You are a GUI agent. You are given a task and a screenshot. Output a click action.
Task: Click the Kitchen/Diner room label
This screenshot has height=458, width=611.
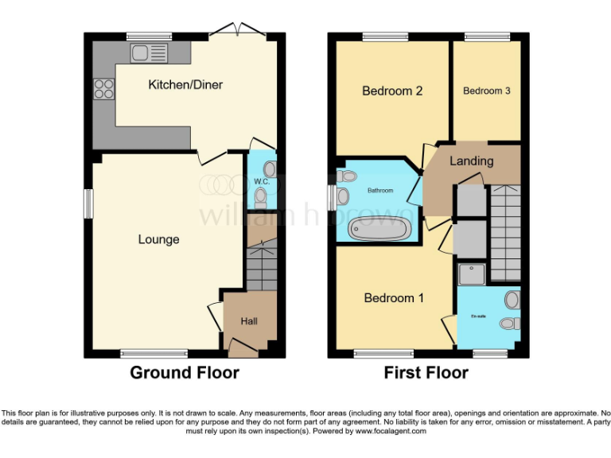coord(185,84)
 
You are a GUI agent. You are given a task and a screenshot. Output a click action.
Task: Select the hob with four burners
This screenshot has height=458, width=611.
coord(104,88)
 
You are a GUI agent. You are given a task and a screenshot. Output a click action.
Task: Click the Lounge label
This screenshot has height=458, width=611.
coord(158,239)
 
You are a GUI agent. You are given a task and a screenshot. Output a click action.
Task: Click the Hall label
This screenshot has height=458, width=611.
coord(248,321)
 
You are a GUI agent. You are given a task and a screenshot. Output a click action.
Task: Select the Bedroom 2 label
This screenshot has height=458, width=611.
coord(391,91)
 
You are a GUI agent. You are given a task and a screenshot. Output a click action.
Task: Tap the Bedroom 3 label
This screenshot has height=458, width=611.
coord(486,91)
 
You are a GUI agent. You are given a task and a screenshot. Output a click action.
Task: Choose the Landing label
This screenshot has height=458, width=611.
coord(471,161)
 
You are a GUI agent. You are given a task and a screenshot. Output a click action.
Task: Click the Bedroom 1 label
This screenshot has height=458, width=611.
coord(393,298)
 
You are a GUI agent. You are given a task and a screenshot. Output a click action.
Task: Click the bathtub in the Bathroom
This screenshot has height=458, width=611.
coord(379,229)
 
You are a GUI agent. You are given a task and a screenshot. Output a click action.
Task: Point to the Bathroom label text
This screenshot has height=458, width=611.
coord(379,191)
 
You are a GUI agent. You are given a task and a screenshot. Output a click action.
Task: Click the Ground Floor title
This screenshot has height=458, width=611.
coord(184,372)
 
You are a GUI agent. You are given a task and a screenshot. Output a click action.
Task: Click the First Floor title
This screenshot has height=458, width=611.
coord(426,372)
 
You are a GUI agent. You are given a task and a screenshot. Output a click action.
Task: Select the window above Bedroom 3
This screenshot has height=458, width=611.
coord(487,36)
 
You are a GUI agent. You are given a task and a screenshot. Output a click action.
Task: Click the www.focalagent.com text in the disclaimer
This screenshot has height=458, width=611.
coord(389,431)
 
